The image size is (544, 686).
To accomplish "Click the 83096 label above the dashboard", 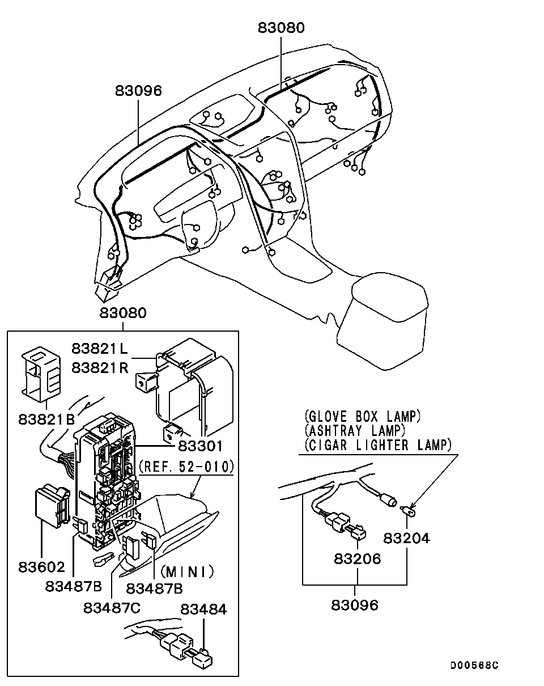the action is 138,91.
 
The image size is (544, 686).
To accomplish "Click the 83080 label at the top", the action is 281,28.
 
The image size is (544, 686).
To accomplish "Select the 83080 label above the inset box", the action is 123,313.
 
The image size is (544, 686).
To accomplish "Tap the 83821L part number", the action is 99,349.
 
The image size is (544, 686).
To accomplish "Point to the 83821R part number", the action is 100,368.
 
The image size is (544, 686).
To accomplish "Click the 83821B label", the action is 46,419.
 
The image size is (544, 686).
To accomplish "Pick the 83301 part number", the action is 200,446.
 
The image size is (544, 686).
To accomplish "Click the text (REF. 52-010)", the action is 186,467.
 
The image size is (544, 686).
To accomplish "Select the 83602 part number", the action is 41,567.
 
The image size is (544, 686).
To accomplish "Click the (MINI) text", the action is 187,572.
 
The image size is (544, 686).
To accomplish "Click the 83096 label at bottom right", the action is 355,605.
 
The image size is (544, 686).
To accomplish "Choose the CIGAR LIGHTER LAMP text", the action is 378,445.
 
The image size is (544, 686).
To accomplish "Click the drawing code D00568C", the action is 474,665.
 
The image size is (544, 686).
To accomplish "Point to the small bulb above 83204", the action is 409,511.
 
